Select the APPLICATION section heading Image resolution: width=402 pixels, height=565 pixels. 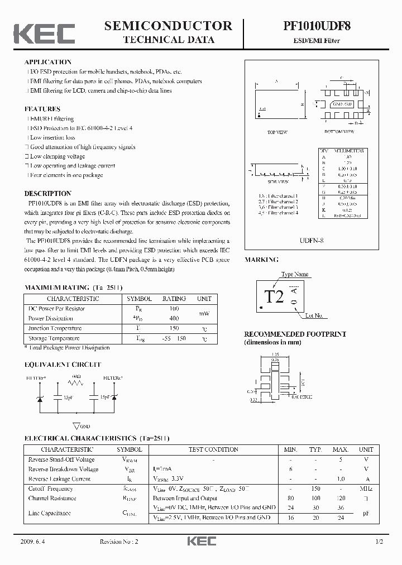pyautogui.click(x=48, y=62)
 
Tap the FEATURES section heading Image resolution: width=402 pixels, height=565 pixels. pyautogui.click(x=42, y=109)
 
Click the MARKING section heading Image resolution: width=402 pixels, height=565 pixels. pyautogui.click(x=261, y=260)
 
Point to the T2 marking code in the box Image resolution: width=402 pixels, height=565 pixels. pyautogui.click(x=274, y=296)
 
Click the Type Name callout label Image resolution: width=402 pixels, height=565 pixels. pyautogui.click(x=295, y=274)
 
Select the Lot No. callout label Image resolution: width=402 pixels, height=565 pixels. pyautogui.click(x=314, y=316)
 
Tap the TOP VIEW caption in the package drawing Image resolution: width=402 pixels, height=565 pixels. pyautogui.click(x=276, y=132)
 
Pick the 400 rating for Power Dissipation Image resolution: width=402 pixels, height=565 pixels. pyautogui.click(x=174, y=318)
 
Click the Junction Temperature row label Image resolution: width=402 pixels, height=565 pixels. pyautogui.click(x=55, y=328)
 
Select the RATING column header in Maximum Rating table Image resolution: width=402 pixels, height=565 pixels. pyautogui.click(x=174, y=299)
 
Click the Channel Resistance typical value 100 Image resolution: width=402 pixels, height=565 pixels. pyautogui.click(x=315, y=498)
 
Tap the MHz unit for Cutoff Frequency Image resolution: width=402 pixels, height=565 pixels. pyautogui.click(x=366, y=489)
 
